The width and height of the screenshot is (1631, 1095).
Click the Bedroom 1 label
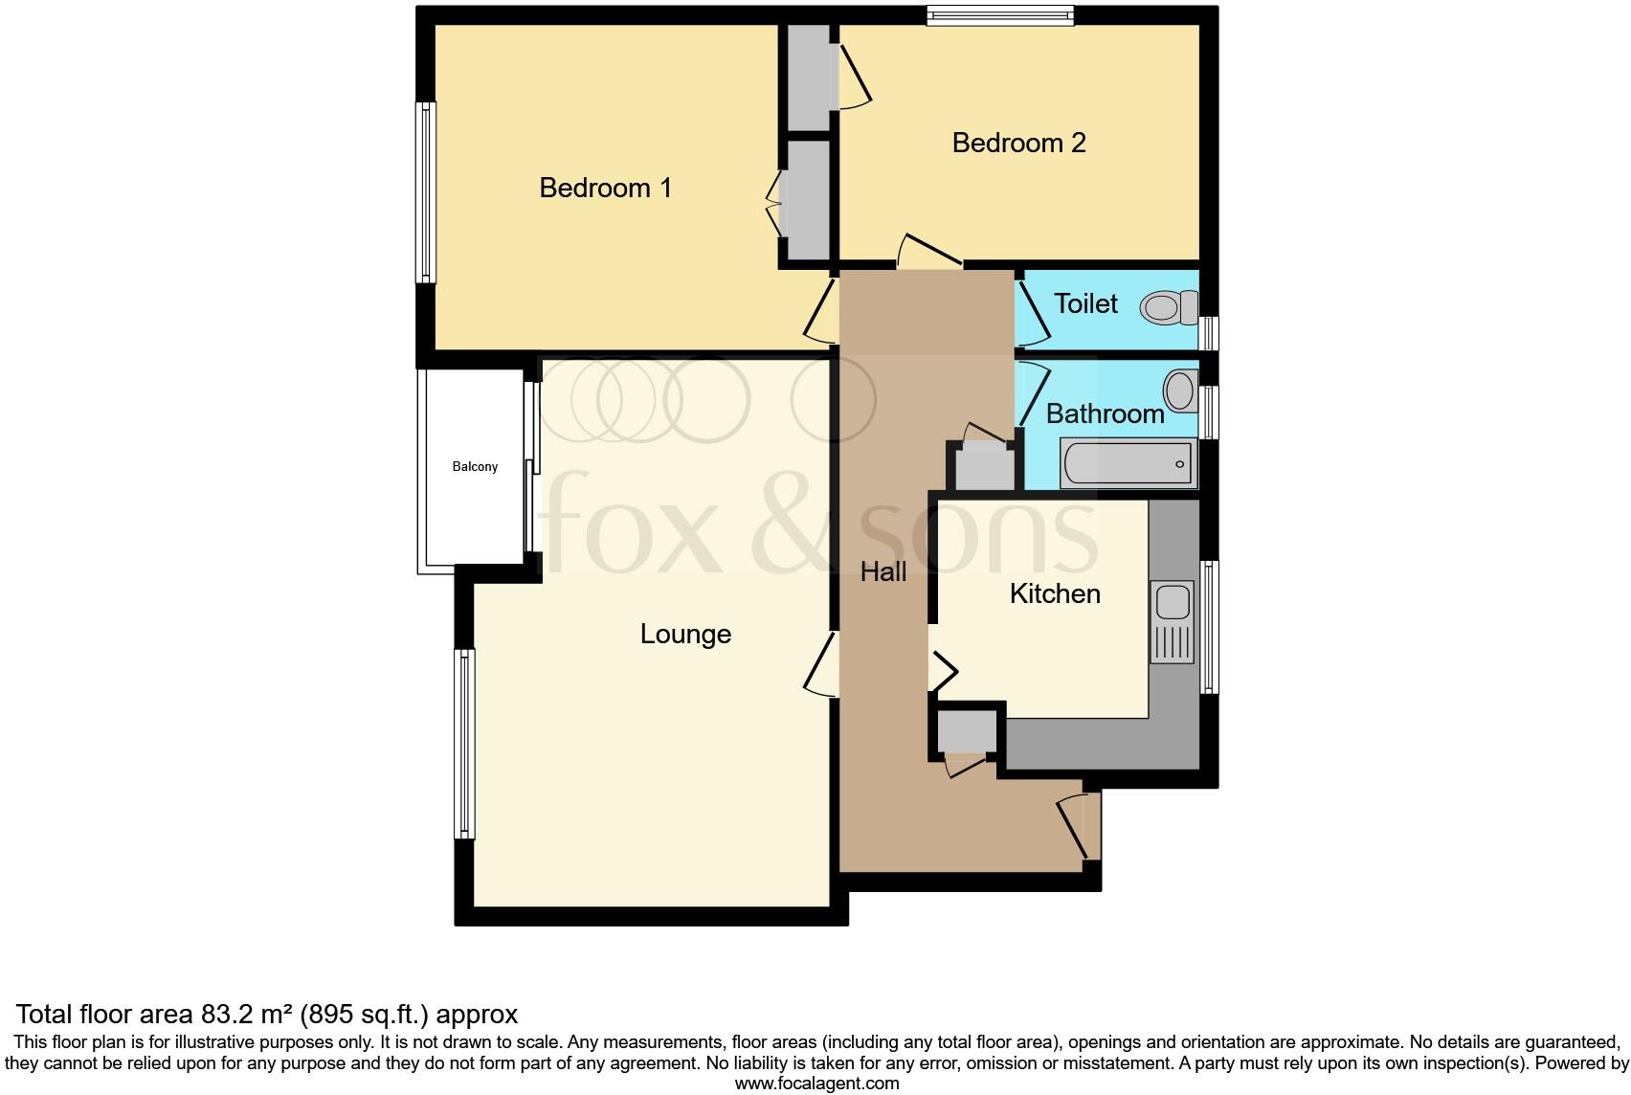(605, 188)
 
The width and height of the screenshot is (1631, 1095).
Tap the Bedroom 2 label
(1018, 144)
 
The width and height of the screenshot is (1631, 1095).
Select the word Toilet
(1085, 304)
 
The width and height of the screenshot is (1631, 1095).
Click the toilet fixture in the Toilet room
(1169, 307)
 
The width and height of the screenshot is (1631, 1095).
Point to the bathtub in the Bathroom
(1128, 464)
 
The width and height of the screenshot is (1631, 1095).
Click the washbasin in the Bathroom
(1179, 391)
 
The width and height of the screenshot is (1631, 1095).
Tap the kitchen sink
(1173, 603)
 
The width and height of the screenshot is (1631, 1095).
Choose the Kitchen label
(1055, 594)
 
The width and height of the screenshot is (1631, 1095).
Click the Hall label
(883, 572)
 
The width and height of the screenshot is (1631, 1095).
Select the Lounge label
(685, 635)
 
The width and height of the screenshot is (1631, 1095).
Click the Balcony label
(475, 467)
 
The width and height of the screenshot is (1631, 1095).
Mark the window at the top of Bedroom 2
(1000, 14)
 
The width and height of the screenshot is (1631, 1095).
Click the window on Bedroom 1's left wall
(425, 192)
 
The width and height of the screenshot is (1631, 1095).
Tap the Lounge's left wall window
(464, 744)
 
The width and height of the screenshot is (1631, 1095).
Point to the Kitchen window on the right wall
(1210, 627)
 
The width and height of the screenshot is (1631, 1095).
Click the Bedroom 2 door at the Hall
(929, 250)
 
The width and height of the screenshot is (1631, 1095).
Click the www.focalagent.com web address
(816, 1084)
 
